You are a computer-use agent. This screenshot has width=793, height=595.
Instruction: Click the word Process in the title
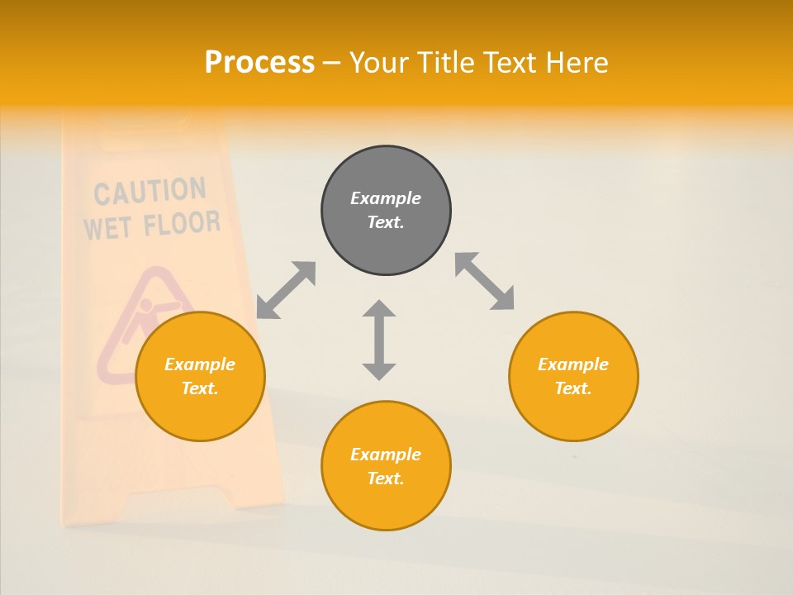[x=259, y=63]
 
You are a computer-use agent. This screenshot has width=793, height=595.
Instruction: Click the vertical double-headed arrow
[x=379, y=340]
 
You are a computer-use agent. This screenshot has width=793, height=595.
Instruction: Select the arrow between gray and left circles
[x=286, y=290]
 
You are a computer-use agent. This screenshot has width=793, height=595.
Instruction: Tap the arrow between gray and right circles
[x=485, y=282]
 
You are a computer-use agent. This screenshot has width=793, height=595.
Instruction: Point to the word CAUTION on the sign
[x=150, y=192]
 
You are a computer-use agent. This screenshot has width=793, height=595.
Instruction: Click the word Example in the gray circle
[x=386, y=198]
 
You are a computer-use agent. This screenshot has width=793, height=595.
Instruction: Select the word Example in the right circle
[x=573, y=364]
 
